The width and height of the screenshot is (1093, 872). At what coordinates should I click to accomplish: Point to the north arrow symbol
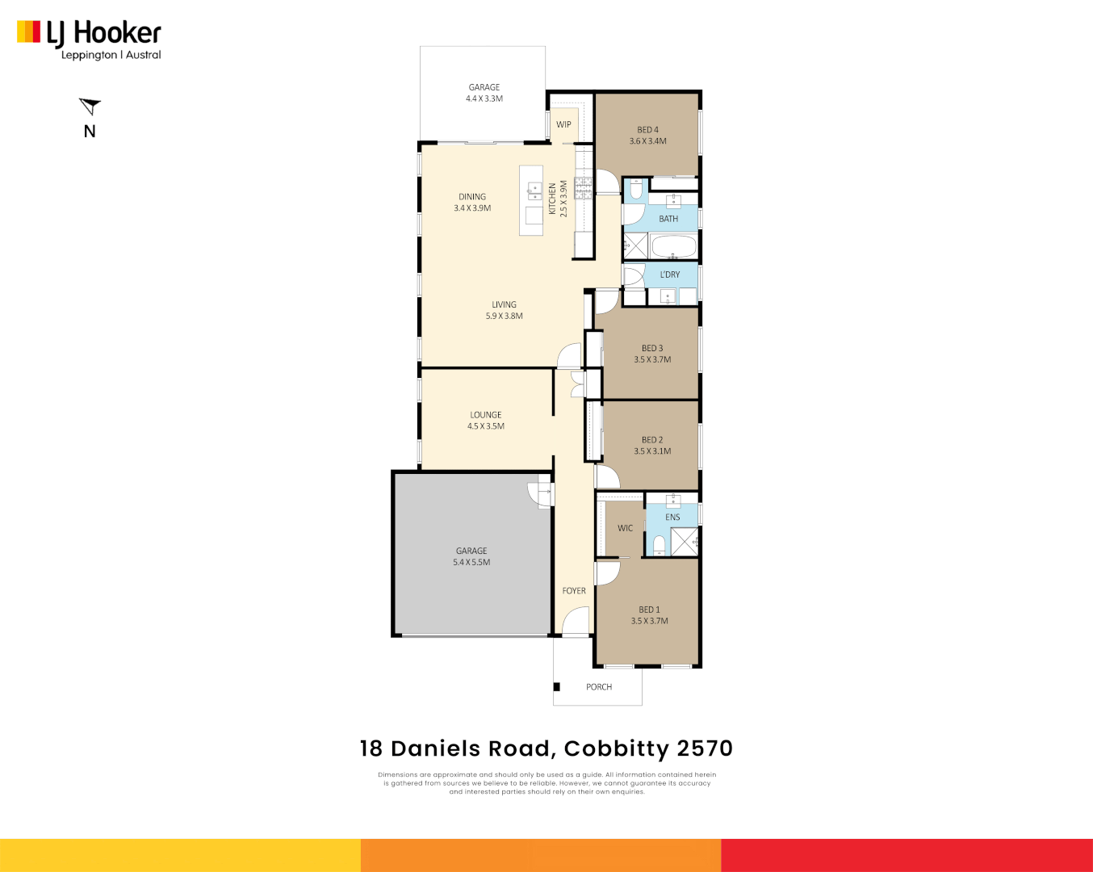tap(90, 106)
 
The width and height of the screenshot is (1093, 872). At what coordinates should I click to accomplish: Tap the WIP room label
tap(563, 124)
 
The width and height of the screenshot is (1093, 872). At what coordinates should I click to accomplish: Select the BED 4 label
tap(647, 129)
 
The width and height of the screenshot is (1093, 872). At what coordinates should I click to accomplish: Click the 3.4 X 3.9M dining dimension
tap(472, 208)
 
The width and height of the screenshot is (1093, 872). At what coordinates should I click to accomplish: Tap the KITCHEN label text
tap(553, 199)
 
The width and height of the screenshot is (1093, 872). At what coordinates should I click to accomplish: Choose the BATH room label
tap(668, 219)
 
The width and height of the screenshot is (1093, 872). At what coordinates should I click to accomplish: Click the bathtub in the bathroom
tap(673, 245)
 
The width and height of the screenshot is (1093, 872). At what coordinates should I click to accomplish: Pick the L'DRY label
tap(669, 275)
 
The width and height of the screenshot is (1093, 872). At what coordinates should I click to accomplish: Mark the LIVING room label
tap(504, 304)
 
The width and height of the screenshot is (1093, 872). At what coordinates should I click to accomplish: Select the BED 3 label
tap(652, 348)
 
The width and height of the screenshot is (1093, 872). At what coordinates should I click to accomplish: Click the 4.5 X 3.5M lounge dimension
tap(486, 426)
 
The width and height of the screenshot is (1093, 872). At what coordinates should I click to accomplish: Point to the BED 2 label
tap(652, 440)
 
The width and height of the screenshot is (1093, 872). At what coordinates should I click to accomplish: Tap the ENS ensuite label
tap(672, 518)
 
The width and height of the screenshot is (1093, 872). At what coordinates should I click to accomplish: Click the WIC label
tap(625, 528)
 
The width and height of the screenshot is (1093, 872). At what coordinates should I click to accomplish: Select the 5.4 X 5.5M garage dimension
tap(471, 563)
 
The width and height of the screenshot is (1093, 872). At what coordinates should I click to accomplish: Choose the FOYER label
tap(574, 591)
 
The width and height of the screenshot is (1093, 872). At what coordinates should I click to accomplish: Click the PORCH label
tap(599, 687)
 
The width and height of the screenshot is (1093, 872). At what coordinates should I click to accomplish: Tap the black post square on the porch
tap(557, 687)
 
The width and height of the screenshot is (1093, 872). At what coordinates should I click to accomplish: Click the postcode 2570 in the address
tap(705, 748)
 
